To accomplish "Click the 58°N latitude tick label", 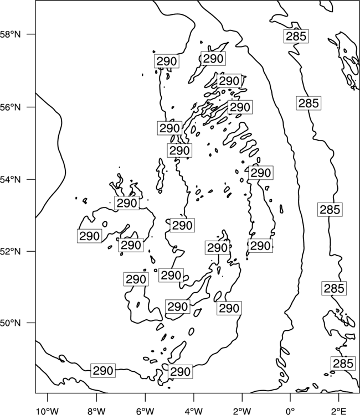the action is coord(10,35).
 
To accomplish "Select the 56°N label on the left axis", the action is coord(10,107).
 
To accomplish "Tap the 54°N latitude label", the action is coord(10,180).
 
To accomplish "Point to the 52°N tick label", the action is coord(10,251).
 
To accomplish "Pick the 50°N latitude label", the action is coord(10,323).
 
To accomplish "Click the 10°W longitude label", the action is coord(48,411).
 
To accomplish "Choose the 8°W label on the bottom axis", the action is coord(97,411).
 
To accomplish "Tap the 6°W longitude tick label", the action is coord(145,411).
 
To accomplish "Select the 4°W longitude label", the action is coord(194,411).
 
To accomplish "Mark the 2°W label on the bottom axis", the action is coord(242,411).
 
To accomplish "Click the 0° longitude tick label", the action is coord(290,411).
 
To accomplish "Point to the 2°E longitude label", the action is coord(339,411).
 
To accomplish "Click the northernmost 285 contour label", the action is coord(296,36).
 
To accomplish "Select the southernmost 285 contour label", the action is coord(343,364).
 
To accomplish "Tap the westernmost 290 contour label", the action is coord(90,236).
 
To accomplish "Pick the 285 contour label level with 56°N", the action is coord(308,103).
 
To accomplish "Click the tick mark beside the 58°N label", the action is coord(31,34).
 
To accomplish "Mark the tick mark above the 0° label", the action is coord(290,397).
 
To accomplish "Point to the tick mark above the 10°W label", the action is coord(48,397).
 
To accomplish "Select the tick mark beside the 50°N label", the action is coord(31,323).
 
